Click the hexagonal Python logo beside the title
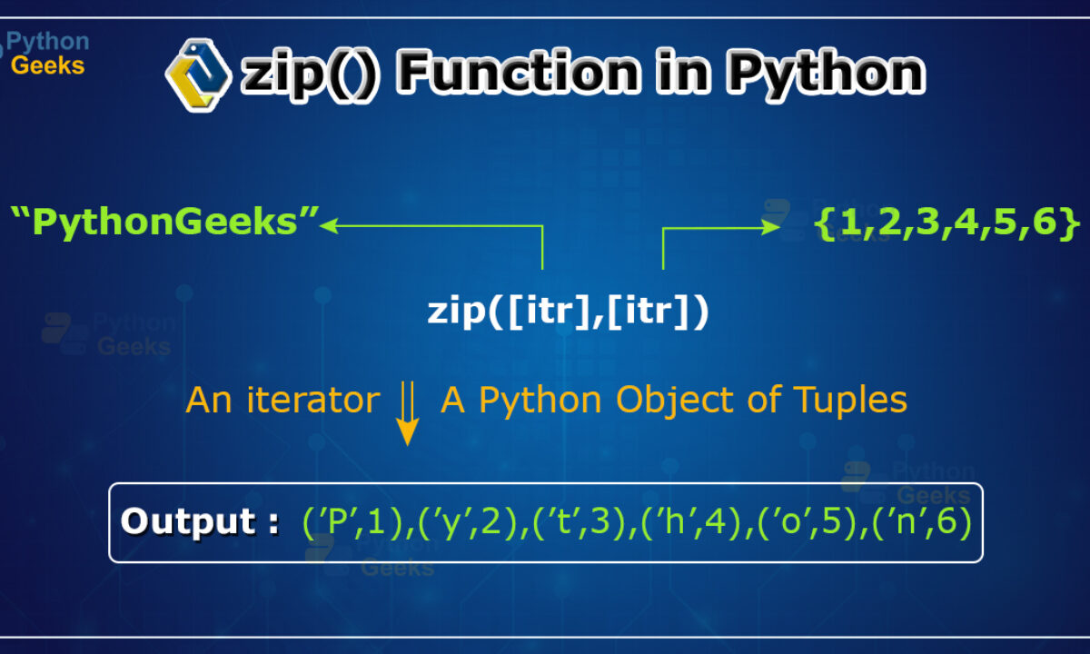click(x=198, y=74)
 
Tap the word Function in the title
click(x=519, y=73)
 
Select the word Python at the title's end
click(x=826, y=74)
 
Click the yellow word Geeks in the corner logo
click(x=47, y=65)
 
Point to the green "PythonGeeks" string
click(x=164, y=222)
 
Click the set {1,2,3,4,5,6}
click(x=946, y=223)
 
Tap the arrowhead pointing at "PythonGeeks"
click(x=329, y=225)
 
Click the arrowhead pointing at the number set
click(x=771, y=227)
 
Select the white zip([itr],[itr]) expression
click(x=568, y=312)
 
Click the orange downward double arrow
click(x=407, y=413)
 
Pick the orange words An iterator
click(x=282, y=400)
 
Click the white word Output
click(x=188, y=521)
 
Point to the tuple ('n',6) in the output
click(x=923, y=522)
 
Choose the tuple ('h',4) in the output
click(x=691, y=522)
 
